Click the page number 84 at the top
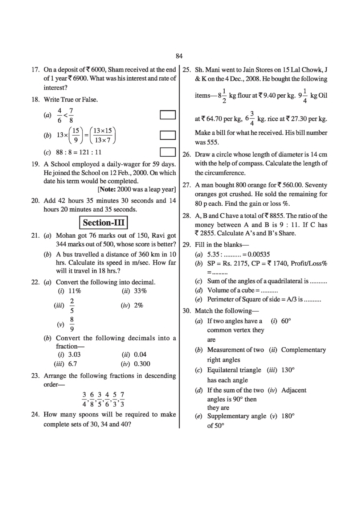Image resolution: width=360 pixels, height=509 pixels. pos(179,56)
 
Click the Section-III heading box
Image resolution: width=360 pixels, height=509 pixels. pos(103,222)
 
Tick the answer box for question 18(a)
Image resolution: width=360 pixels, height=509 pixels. pos(168,115)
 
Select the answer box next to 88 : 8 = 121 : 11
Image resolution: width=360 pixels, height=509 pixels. pos(168,152)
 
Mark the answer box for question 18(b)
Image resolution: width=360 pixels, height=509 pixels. pos(168,135)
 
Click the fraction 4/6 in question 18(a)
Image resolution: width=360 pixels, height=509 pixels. pos(60,115)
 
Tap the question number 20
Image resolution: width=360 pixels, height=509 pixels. pos(35,201)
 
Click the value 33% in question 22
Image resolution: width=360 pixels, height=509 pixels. pos(140,291)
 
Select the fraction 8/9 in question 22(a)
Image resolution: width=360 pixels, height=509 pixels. pos(72,324)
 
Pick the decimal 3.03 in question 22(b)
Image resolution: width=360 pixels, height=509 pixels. pos(74,354)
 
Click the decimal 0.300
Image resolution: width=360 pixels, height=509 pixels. pos(142,364)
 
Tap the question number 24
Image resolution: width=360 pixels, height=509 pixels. pos(35,414)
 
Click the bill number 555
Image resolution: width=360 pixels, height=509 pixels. pos(212,142)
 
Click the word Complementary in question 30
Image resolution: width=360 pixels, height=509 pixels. pos(303,350)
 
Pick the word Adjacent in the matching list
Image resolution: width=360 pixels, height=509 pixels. pos(294,390)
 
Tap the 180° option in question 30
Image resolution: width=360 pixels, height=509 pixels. pos(287,416)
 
